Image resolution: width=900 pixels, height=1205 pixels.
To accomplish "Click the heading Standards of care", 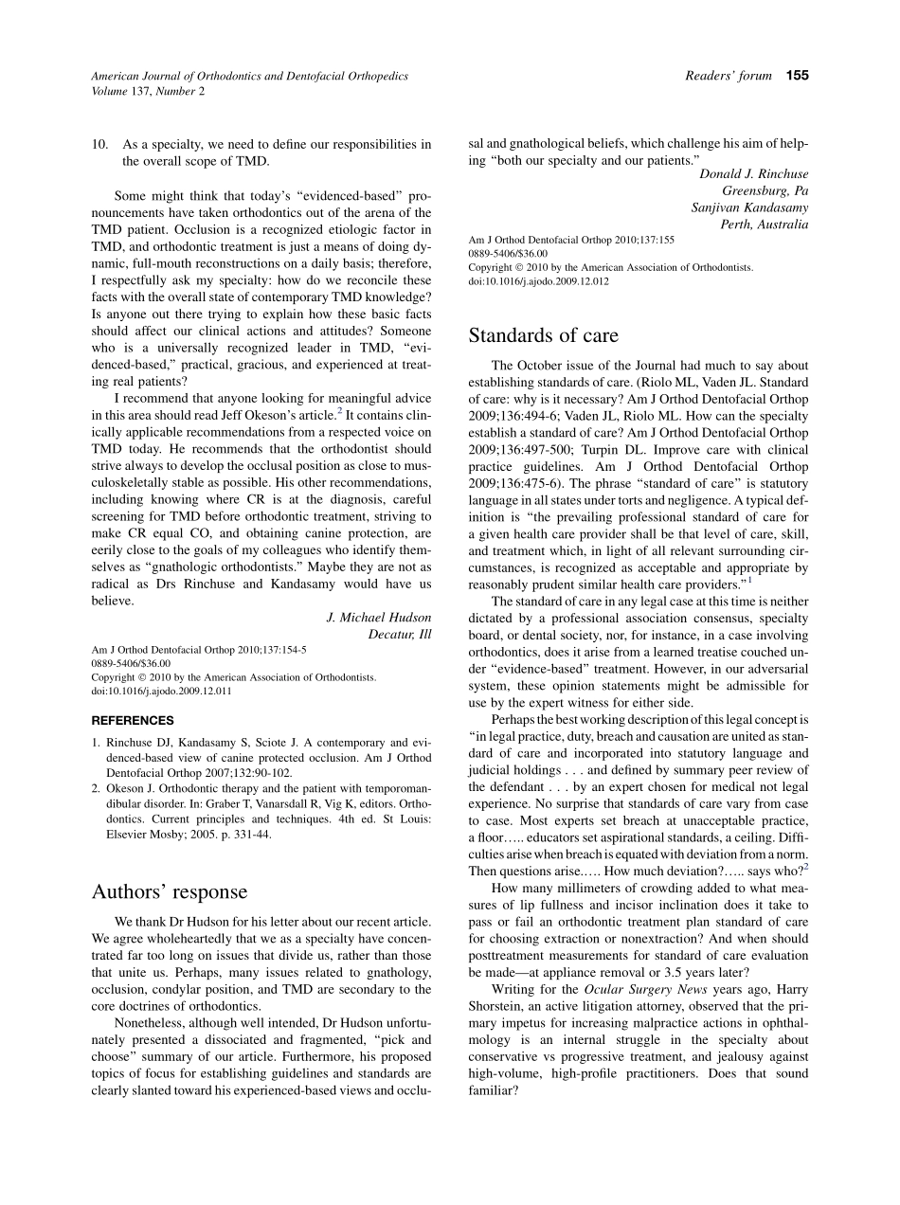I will tap(543, 335).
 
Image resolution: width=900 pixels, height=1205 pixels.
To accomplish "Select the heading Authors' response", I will tap(169, 891).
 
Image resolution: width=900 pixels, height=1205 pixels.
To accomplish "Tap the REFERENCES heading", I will tap(133, 720).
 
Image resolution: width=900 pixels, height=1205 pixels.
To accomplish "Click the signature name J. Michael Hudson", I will tap(378, 618).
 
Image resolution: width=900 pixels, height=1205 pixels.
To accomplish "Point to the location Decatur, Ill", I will tap(399, 635).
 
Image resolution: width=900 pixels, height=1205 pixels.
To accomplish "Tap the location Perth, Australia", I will tap(765, 225).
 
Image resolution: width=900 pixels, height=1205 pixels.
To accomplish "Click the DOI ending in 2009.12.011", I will tap(161, 691).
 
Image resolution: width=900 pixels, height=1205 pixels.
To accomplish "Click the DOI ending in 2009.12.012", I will tap(538, 281).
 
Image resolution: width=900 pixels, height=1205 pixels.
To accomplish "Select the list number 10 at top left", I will tap(99, 144).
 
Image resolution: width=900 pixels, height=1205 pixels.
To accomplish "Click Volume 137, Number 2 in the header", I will tap(147, 91).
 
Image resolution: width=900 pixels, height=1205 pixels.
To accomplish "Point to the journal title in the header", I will tap(249, 76).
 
